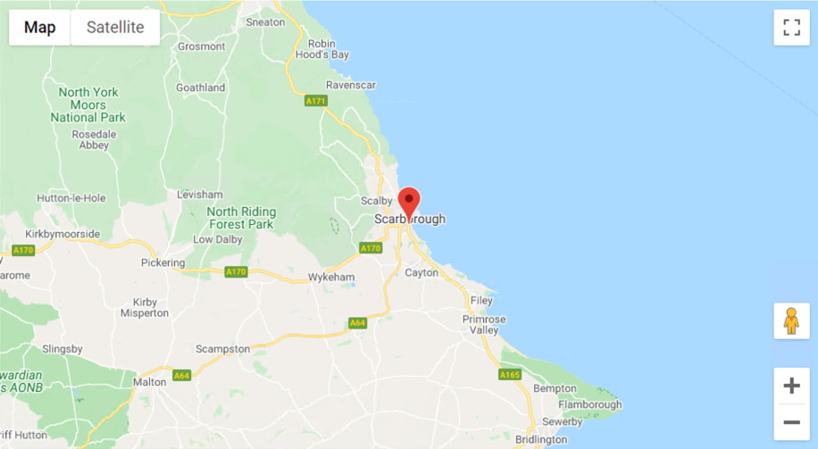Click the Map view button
point(40,28)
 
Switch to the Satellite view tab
point(114,28)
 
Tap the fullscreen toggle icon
point(791,28)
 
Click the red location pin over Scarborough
point(409,203)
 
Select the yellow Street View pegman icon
point(791,320)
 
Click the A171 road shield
point(316,101)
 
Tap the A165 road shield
point(510,375)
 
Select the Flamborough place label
point(589,404)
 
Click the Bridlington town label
point(541,439)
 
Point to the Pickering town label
point(163,262)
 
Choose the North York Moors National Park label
point(88,104)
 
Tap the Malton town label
point(150,381)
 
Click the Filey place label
point(481,301)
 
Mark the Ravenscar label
point(351,85)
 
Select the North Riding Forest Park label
point(240,218)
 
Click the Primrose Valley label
point(484,324)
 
